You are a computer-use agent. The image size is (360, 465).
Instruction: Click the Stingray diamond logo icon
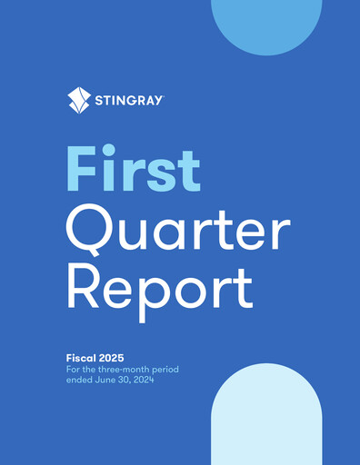[x=79, y=100]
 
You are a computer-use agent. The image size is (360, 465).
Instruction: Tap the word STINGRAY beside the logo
[x=129, y=101]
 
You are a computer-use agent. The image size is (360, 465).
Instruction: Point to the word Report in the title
[x=159, y=288]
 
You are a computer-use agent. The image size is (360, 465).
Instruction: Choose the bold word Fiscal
[x=83, y=358]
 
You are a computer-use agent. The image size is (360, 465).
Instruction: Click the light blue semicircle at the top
[x=265, y=23]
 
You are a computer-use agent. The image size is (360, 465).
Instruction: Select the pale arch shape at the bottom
[x=265, y=418]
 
